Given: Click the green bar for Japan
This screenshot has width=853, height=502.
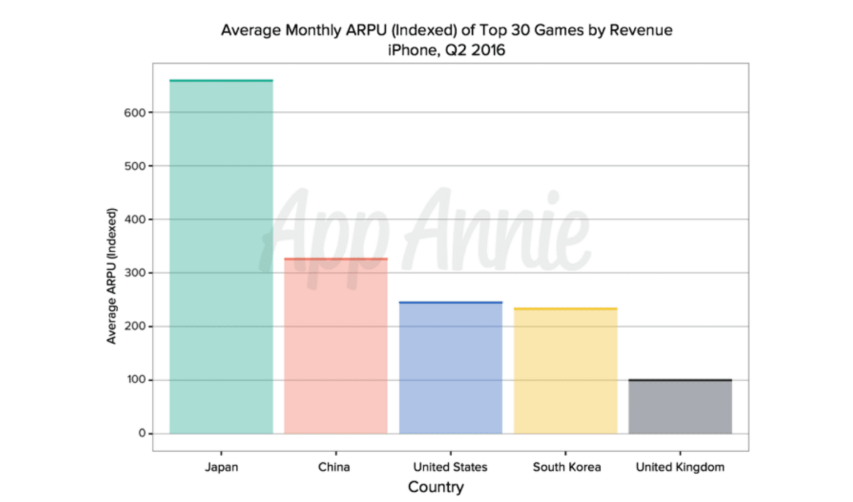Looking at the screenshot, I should (x=221, y=257).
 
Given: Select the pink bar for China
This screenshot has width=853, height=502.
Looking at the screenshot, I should (x=336, y=346).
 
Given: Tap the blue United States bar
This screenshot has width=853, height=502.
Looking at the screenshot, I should (x=451, y=367).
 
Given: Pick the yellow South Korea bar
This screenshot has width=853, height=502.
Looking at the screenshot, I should (x=565, y=370).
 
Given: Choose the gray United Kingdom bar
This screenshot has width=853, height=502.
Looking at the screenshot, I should (x=680, y=406).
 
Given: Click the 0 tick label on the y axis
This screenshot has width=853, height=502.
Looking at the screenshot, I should (x=141, y=433).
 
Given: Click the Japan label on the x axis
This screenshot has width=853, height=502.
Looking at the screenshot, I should (x=221, y=467).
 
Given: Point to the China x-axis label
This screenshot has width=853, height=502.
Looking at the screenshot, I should (x=334, y=467).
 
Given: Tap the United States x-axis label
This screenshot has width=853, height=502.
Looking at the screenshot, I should (x=450, y=467).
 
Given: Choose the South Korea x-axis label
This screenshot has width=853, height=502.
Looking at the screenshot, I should (x=566, y=467).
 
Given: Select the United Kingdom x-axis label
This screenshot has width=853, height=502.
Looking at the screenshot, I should (x=680, y=467).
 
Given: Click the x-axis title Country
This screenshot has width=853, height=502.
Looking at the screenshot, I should (x=435, y=487).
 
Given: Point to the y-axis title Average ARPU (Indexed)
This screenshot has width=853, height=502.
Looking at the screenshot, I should (x=111, y=275).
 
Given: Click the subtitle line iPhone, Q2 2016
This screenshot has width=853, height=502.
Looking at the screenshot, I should (x=446, y=50).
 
